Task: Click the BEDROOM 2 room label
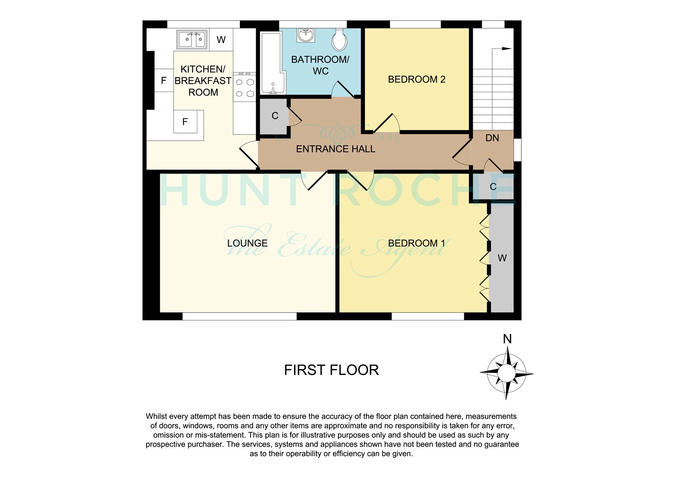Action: [x=417, y=79]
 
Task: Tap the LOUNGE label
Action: [x=247, y=243]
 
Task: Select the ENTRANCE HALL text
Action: [x=335, y=149]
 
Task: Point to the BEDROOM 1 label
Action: [x=417, y=243]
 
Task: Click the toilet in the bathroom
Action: [x=340, y=40]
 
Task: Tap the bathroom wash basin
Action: [x=306, y=35]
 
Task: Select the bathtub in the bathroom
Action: [x=273, y=63]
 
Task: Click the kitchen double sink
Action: [x=192, y=40]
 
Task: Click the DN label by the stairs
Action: [x=492, y=138]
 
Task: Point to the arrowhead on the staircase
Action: [x=507, y=49]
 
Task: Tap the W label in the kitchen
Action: [x=221, y=40]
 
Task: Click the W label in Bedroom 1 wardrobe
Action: [x=502, y=258]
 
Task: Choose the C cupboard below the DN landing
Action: [x=493, y=186]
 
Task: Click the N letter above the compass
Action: [x=507, y=339]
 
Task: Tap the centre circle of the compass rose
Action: [x=507, y=373]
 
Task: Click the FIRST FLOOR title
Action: [x=331, y=370]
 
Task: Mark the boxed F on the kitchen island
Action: [x=185, y=122]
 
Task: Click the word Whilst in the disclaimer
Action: [x=156, y=416]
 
